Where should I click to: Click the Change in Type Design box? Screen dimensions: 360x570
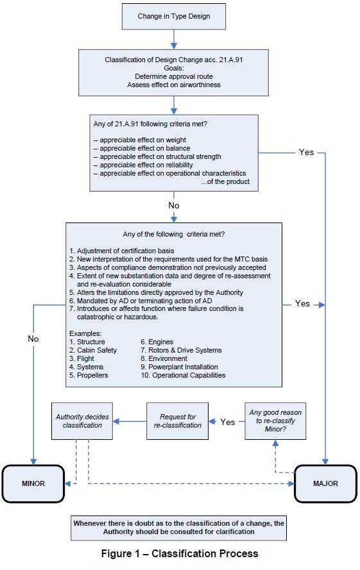[x=174, y=17]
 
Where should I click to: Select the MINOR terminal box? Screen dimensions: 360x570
[x=33, y=483]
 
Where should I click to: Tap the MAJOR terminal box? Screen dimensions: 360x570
[x=325, y=483]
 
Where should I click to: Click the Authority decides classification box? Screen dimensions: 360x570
[x=82, y=421]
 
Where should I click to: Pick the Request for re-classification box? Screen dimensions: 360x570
[x=177, y=421]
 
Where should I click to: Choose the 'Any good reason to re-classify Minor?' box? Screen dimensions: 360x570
[x=275, y=421]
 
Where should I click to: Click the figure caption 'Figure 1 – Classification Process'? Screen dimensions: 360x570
[x=180, y=553]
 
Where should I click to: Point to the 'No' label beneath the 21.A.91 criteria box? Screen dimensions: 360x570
[x=174, y=205]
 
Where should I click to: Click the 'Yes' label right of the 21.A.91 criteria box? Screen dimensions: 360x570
[x=306, y=153]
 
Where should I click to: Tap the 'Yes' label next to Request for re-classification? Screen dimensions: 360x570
[x=228, y=422]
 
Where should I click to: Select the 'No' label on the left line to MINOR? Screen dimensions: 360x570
[x=33, y=339]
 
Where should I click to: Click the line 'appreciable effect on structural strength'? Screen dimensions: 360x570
[x=157, y=156]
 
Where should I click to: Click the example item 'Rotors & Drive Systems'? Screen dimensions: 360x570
[x=181, y=351]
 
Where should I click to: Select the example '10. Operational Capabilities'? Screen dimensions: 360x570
[x=183, y=375]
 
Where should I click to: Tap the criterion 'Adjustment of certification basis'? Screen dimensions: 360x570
[x=122, y=251]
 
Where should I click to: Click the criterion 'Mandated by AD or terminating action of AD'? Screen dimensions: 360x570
[x=141, y=301]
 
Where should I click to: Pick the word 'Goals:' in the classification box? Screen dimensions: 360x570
[x=174, y=68]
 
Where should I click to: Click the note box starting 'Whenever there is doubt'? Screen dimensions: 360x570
[x=178, y=528]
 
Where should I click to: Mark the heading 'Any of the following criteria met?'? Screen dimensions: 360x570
[x=174, y=235]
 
